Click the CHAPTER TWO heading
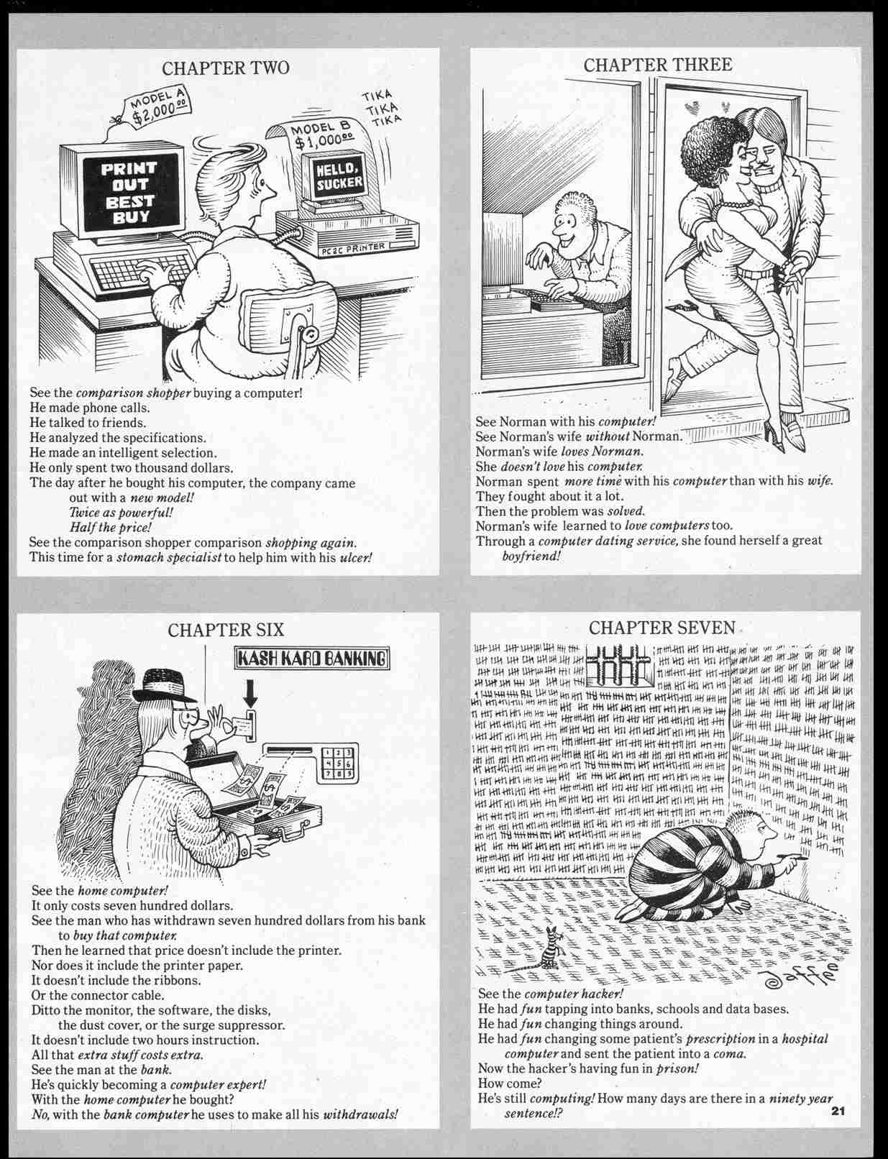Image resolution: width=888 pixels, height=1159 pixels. click(x=226, y=68)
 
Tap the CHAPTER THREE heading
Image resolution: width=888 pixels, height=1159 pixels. click(x=657, y=65)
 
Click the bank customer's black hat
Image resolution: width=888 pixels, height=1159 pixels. click(x=166, y=687)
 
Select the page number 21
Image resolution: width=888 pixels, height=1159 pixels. click(x=837, y=1112)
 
